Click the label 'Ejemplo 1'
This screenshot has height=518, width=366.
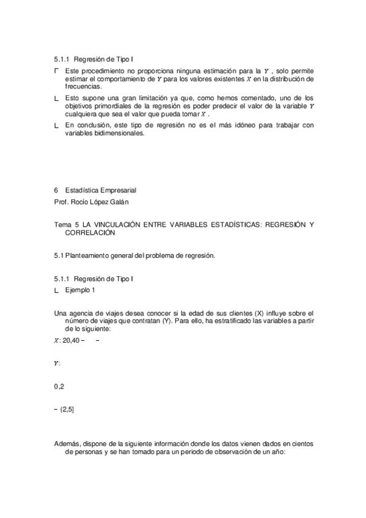click(x=80, y=290)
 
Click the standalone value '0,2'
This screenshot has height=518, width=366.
click(x=59, y=387)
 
